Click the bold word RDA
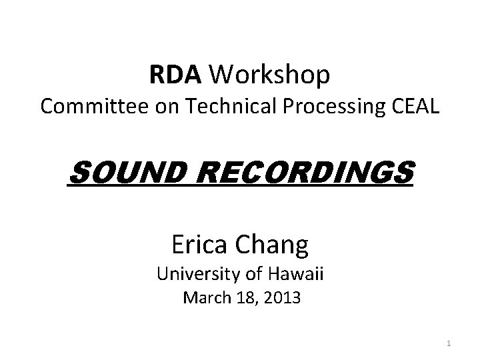click(x=175, y=76)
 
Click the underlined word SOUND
click(x=121, y=174)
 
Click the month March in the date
click(x=205, y=298)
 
